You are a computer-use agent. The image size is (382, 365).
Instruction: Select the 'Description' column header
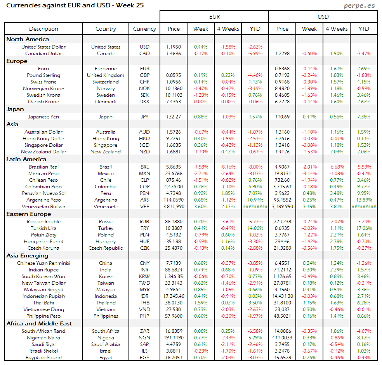[x=43, y=29]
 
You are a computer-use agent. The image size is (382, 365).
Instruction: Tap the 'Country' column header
[x=106, y=29]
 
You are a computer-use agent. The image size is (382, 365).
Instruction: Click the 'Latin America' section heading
[x=26, y=159]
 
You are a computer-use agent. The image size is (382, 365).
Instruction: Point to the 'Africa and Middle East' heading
[x=39, y=323]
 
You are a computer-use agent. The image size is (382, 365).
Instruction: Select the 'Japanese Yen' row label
[x=43, y=116]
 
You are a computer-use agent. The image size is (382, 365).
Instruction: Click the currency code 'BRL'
[x=144, y=167]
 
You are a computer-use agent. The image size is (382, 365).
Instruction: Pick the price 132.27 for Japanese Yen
[x=174, y=116]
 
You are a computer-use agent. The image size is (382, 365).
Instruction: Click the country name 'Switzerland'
[x=106, y=82]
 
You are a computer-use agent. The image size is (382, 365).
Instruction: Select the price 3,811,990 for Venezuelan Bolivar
[x=174, y=207]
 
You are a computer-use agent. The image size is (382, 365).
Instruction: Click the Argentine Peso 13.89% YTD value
[x=364, y=200]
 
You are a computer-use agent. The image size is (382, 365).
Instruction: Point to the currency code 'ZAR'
[x=144, y=331]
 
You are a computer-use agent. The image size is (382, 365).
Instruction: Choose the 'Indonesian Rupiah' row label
[x=43, y=296]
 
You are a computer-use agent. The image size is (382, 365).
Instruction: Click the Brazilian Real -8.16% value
[x=228, y=167]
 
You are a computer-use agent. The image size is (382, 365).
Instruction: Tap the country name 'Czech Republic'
[x=106, y=248]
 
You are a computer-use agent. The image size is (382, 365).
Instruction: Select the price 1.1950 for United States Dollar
[x=174, y=47]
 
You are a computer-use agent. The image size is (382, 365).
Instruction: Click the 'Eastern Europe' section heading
[x=28, y=214]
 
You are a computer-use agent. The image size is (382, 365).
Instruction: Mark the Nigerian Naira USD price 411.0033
[x=282, y=338]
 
